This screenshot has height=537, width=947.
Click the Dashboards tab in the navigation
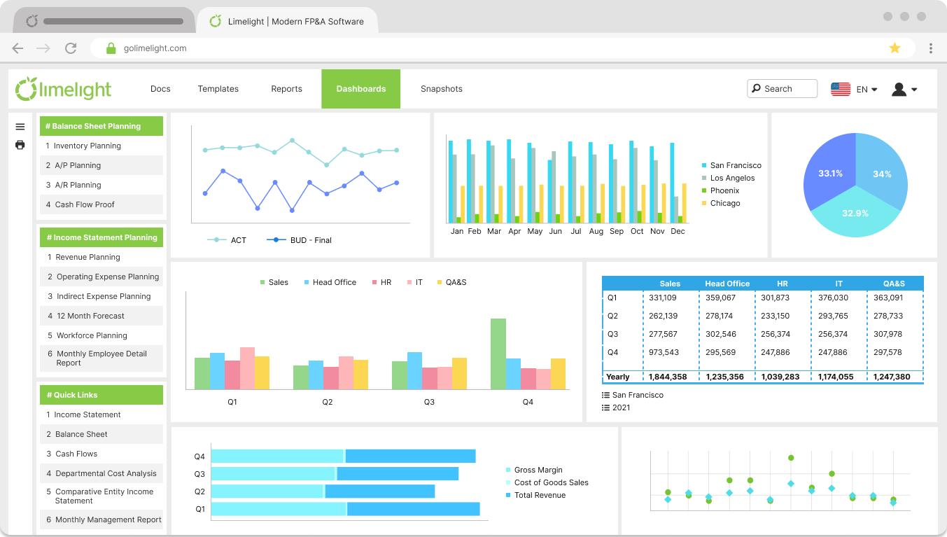pos(360,89)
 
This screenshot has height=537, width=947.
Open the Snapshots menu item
pos(441,89)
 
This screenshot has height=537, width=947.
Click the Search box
pos(782,89)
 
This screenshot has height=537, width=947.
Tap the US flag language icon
pos(840,89)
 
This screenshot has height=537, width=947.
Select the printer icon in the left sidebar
pos(20,145)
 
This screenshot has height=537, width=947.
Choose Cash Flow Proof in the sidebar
pos(85,204)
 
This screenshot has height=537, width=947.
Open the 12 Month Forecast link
pos(90,316)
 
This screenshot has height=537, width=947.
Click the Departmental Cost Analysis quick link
pos(106,473)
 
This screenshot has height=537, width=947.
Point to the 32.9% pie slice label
pos(855,213)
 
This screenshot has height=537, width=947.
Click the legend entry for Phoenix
pos(724,190)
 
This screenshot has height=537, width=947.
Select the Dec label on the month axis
pos(678,231)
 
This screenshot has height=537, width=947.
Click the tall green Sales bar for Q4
pos(498,354)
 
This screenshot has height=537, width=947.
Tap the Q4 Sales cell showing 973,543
pos(664,352)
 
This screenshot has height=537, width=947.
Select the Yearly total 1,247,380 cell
pos(892,377)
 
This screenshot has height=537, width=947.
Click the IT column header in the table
pos(839,284)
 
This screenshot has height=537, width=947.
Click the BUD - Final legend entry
pos(310,240)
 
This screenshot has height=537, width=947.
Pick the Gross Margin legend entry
pos(538,470)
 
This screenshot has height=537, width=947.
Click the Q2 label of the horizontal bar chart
pos(199,491)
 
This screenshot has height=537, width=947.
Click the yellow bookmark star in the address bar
pos(895,48)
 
